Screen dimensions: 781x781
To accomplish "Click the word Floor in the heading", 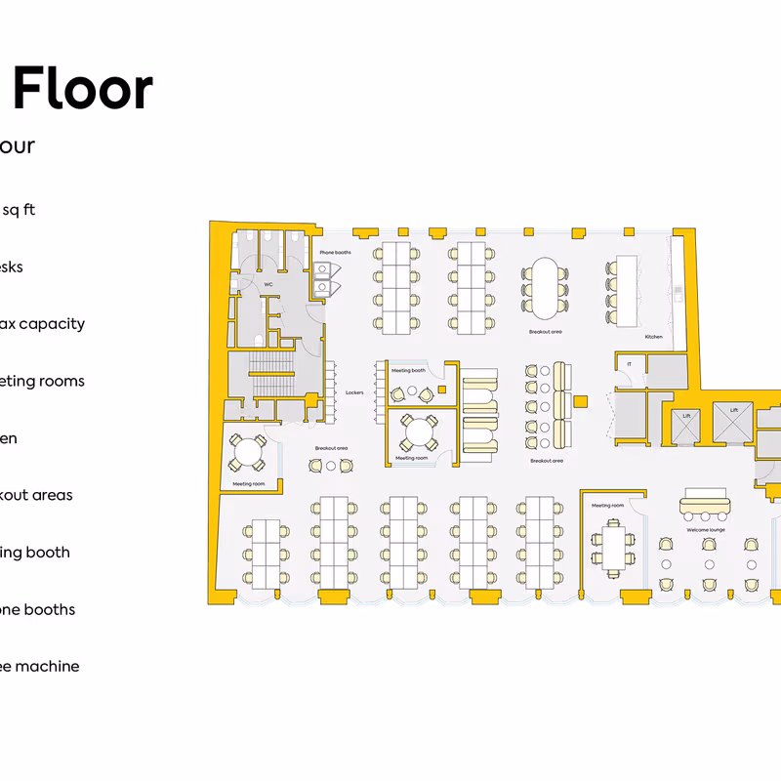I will tap(83, 89).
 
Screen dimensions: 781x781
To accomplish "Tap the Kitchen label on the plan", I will tap(654, 337).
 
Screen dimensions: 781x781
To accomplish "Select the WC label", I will tap(267, 285).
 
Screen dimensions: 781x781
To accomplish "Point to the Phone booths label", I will tap(335, 253).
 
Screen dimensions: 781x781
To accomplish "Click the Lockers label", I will tap(354, 392).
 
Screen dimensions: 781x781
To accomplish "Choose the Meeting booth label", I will tap(408, 371).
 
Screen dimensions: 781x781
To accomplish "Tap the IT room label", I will tap(630, 364).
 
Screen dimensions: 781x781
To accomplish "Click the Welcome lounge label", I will tap(705, 530).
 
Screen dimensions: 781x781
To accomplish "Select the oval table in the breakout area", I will tap(545, 287).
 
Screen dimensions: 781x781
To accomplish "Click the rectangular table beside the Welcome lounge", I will tap(612, 548).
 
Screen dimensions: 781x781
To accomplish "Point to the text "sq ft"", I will tap(20, 210).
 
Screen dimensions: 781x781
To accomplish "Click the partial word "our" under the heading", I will tap(18, 146).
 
